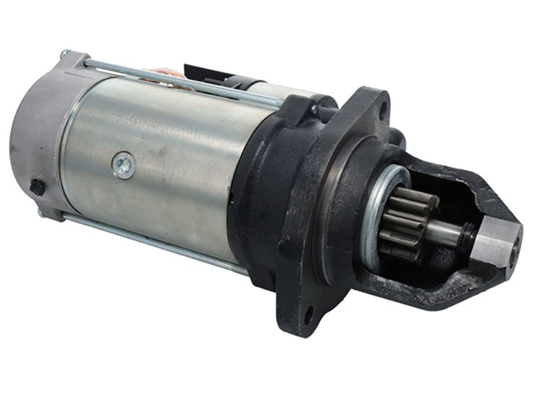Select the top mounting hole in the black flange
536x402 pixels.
[383, 109]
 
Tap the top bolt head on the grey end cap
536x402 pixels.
[64, 54]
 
